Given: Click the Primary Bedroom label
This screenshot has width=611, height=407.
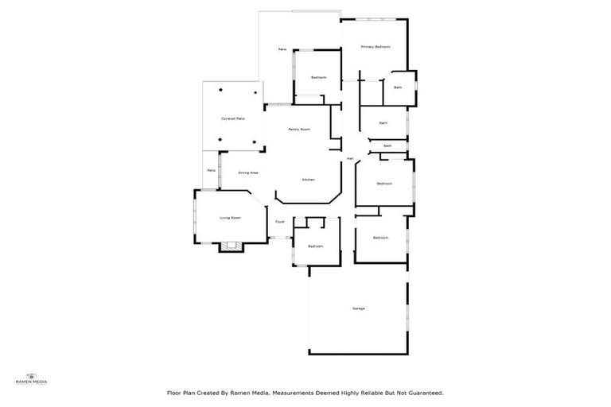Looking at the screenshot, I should tap(376, 48).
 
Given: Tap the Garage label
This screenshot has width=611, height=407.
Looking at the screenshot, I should tap(359, 308).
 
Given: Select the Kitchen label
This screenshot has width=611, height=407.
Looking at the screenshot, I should tap(308, 180).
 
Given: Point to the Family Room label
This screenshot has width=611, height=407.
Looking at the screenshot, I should tap(299, 130).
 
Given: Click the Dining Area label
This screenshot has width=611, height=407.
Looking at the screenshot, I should tap(249, 172).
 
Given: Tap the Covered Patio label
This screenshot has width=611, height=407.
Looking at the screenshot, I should tap(233, 118).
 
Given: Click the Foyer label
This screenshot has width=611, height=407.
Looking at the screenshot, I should tap(280, 222).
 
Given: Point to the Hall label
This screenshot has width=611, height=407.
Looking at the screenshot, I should tap(350, 159).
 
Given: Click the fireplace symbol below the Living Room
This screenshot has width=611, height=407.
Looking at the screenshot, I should tap(232, 246).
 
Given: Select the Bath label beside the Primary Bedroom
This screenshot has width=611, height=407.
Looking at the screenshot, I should tap(398, 87).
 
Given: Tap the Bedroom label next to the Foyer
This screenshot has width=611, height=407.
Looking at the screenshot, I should tap(316, 246).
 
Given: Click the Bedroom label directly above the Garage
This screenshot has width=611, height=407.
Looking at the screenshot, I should tap(381, 238).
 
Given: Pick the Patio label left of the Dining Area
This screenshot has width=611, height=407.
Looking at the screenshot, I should tap(211, 170).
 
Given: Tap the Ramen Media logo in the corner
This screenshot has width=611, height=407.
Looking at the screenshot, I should tap(32, 378).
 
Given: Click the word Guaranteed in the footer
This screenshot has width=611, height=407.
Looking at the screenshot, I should tap(424, 393).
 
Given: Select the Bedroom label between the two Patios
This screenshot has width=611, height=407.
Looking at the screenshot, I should tap(319, 77).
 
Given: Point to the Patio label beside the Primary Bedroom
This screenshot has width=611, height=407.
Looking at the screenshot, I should tap(282, 50).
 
